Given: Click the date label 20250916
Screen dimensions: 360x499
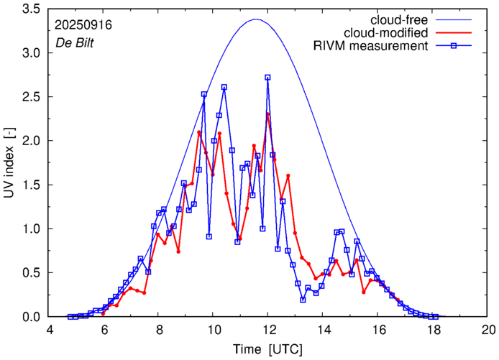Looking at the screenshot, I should point(83,24).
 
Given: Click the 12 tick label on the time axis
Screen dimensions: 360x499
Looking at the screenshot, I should point(268,329).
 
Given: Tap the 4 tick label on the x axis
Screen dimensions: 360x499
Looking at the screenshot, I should point(49,329).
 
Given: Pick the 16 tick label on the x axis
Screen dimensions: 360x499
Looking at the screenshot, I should point(378,329).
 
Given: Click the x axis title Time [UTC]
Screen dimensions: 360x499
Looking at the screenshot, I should point(268,348).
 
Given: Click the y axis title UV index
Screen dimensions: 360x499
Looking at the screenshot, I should point(10,162).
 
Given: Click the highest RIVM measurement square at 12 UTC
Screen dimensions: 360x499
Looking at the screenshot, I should point(267,78).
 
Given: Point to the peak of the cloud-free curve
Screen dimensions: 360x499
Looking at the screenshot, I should point(255,19).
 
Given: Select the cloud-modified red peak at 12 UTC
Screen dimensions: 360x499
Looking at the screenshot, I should point(267,114).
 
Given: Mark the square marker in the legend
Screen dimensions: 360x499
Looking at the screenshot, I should point(458,47).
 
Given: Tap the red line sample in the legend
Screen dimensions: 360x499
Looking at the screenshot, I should point(458,32).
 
